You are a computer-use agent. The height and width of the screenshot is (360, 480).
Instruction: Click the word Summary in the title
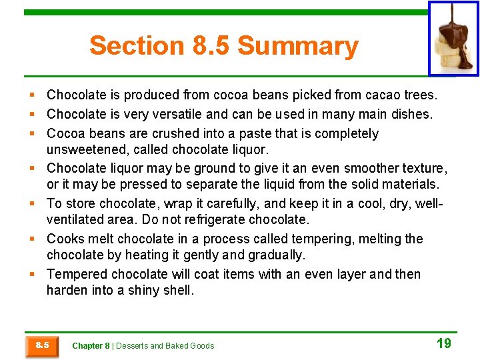[x=297, y=46]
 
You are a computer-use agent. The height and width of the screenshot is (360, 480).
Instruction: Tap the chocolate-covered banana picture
[x=453, y=39]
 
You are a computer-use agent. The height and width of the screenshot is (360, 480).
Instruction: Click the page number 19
[x=443, y=343]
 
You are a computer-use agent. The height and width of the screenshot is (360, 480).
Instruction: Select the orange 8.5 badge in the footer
[x=43, y=345]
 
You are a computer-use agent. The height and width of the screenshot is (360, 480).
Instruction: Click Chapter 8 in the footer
[x=91, y=346]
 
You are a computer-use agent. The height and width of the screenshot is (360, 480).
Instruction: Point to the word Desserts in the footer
[x=132, y=346]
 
